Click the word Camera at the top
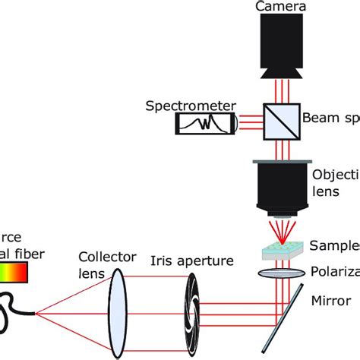click(279, 7)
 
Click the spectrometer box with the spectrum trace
click(204, 123)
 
